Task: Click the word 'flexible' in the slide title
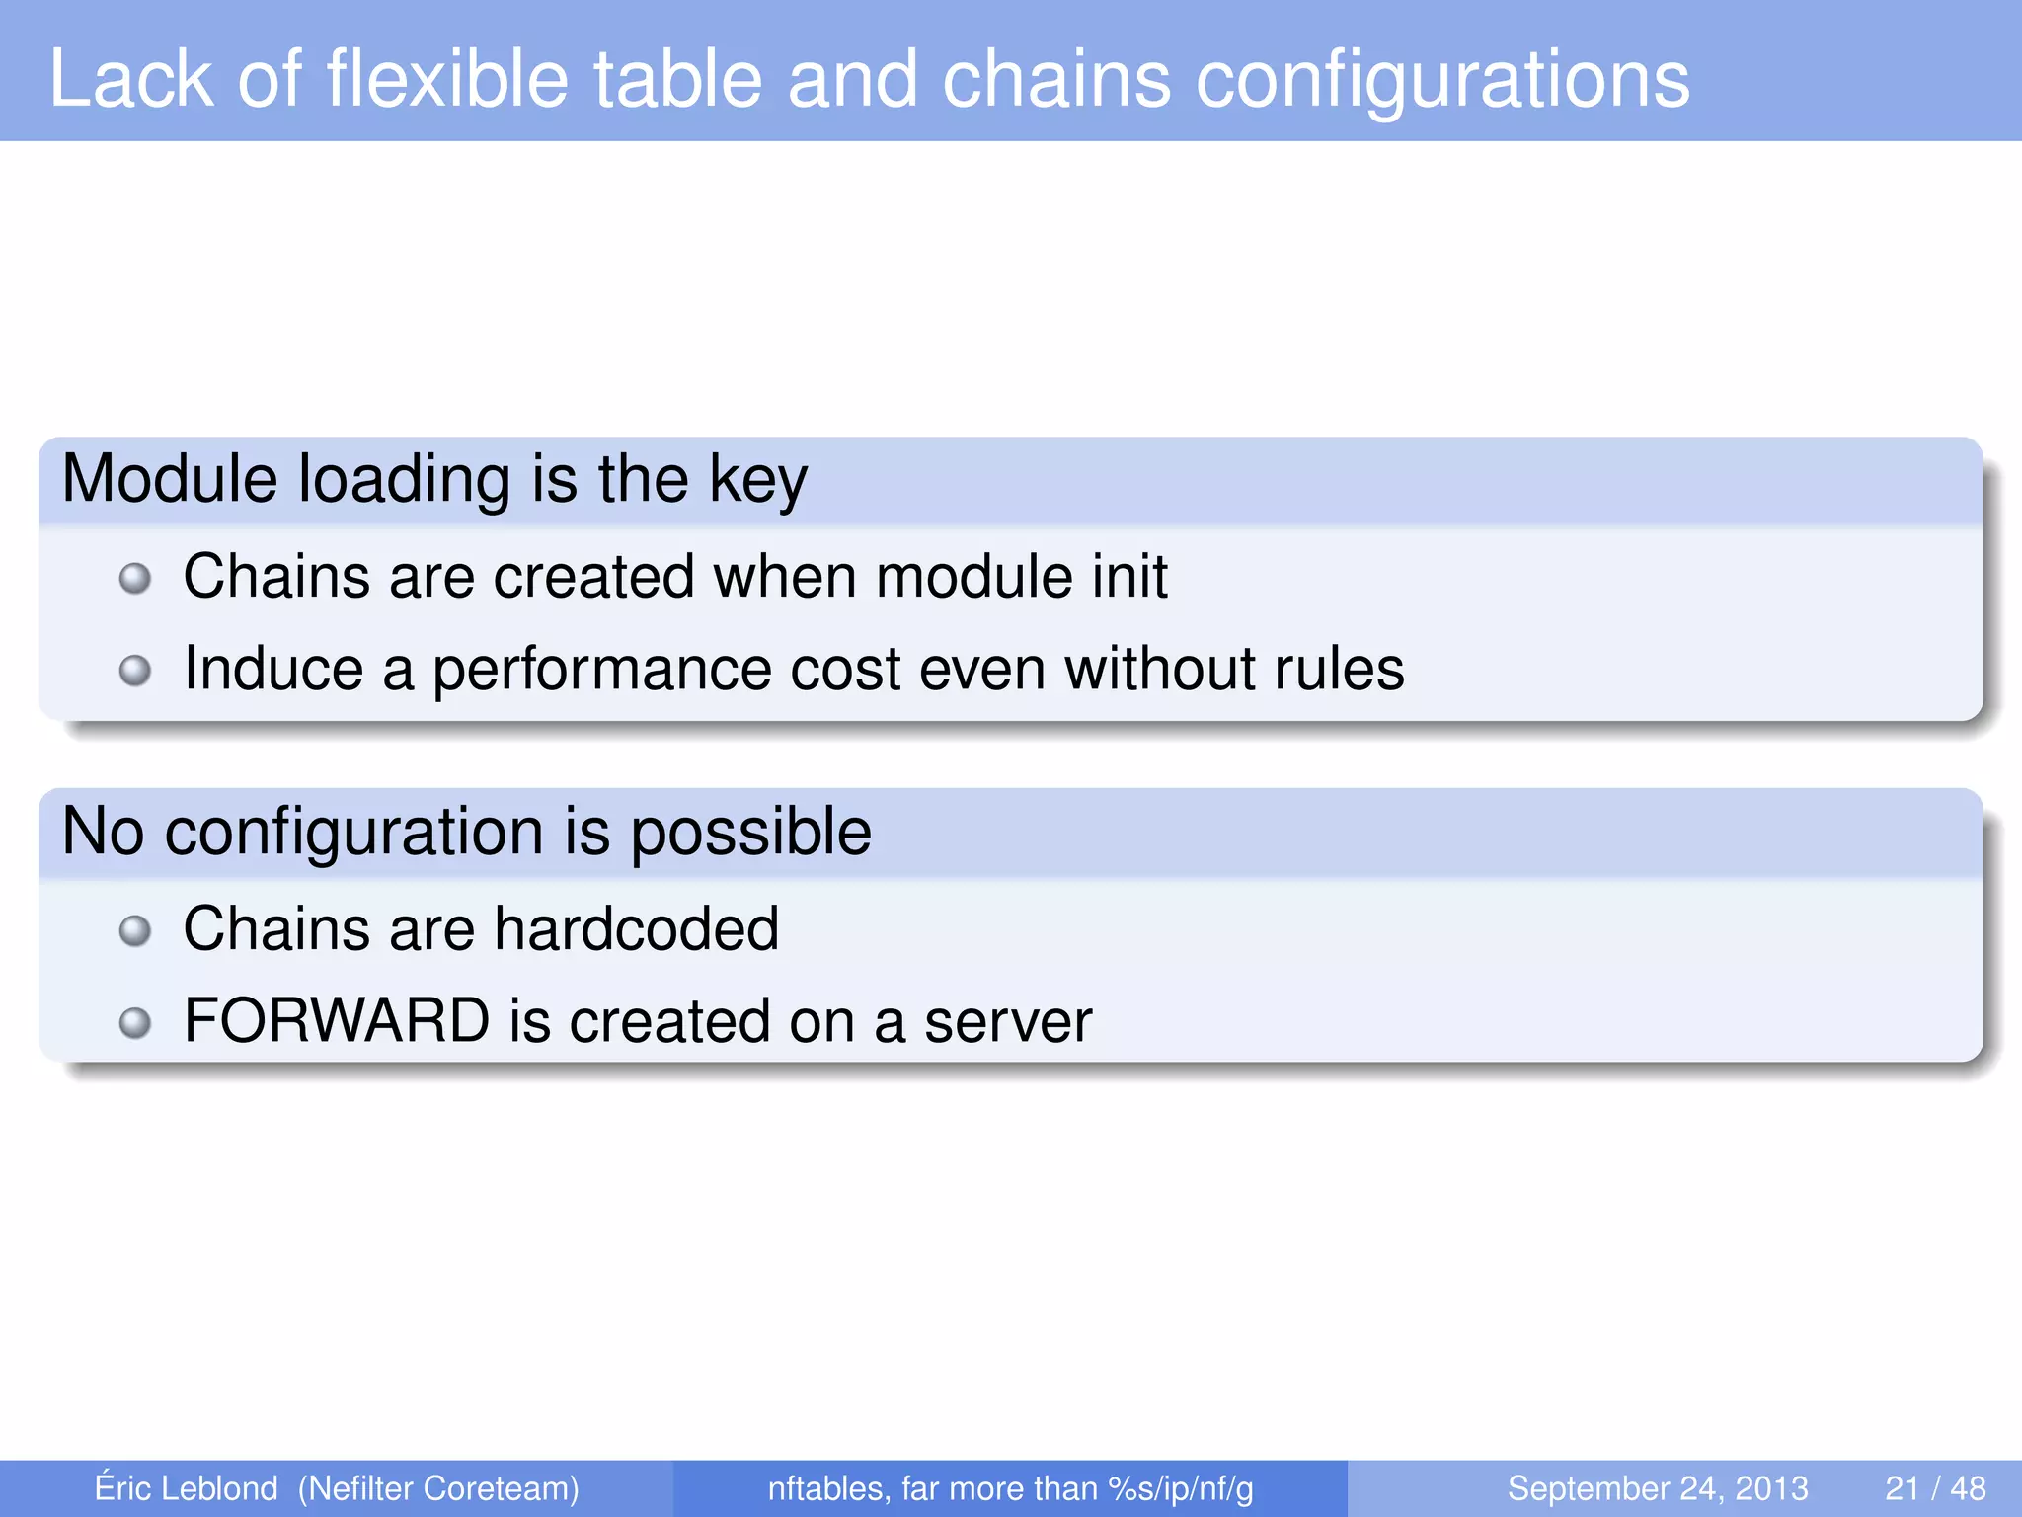pyautogui.click(x=446, y=79)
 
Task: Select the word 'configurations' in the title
pyautogui.click(x=1442, y=79)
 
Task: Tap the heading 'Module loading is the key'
pyautogui.click(x=434, y=480)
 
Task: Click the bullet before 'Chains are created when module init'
pyautogui.click(x=134, y=578)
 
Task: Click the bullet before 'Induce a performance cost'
pyautogui.click(x=134, y=671)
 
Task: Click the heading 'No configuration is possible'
pyautogui.click(x=466, y=832)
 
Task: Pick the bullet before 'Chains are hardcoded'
pyautogui.click(x=134, y=930)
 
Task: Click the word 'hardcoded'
pyautogui.click(x=636, y=928)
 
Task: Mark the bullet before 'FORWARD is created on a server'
pyautogui.click(x=134, y=1022)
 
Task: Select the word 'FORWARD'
pyautogui.click(x=337, y=1021)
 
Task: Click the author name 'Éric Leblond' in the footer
pyautogui.click(x=186, y=1488)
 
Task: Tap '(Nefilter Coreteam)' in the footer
pyautogui.click(x=438, y=1488)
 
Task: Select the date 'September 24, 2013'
pyautogui.click(x=1657, y=1488)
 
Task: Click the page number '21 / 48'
pyautogui.click(x=1935, y=1488)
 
